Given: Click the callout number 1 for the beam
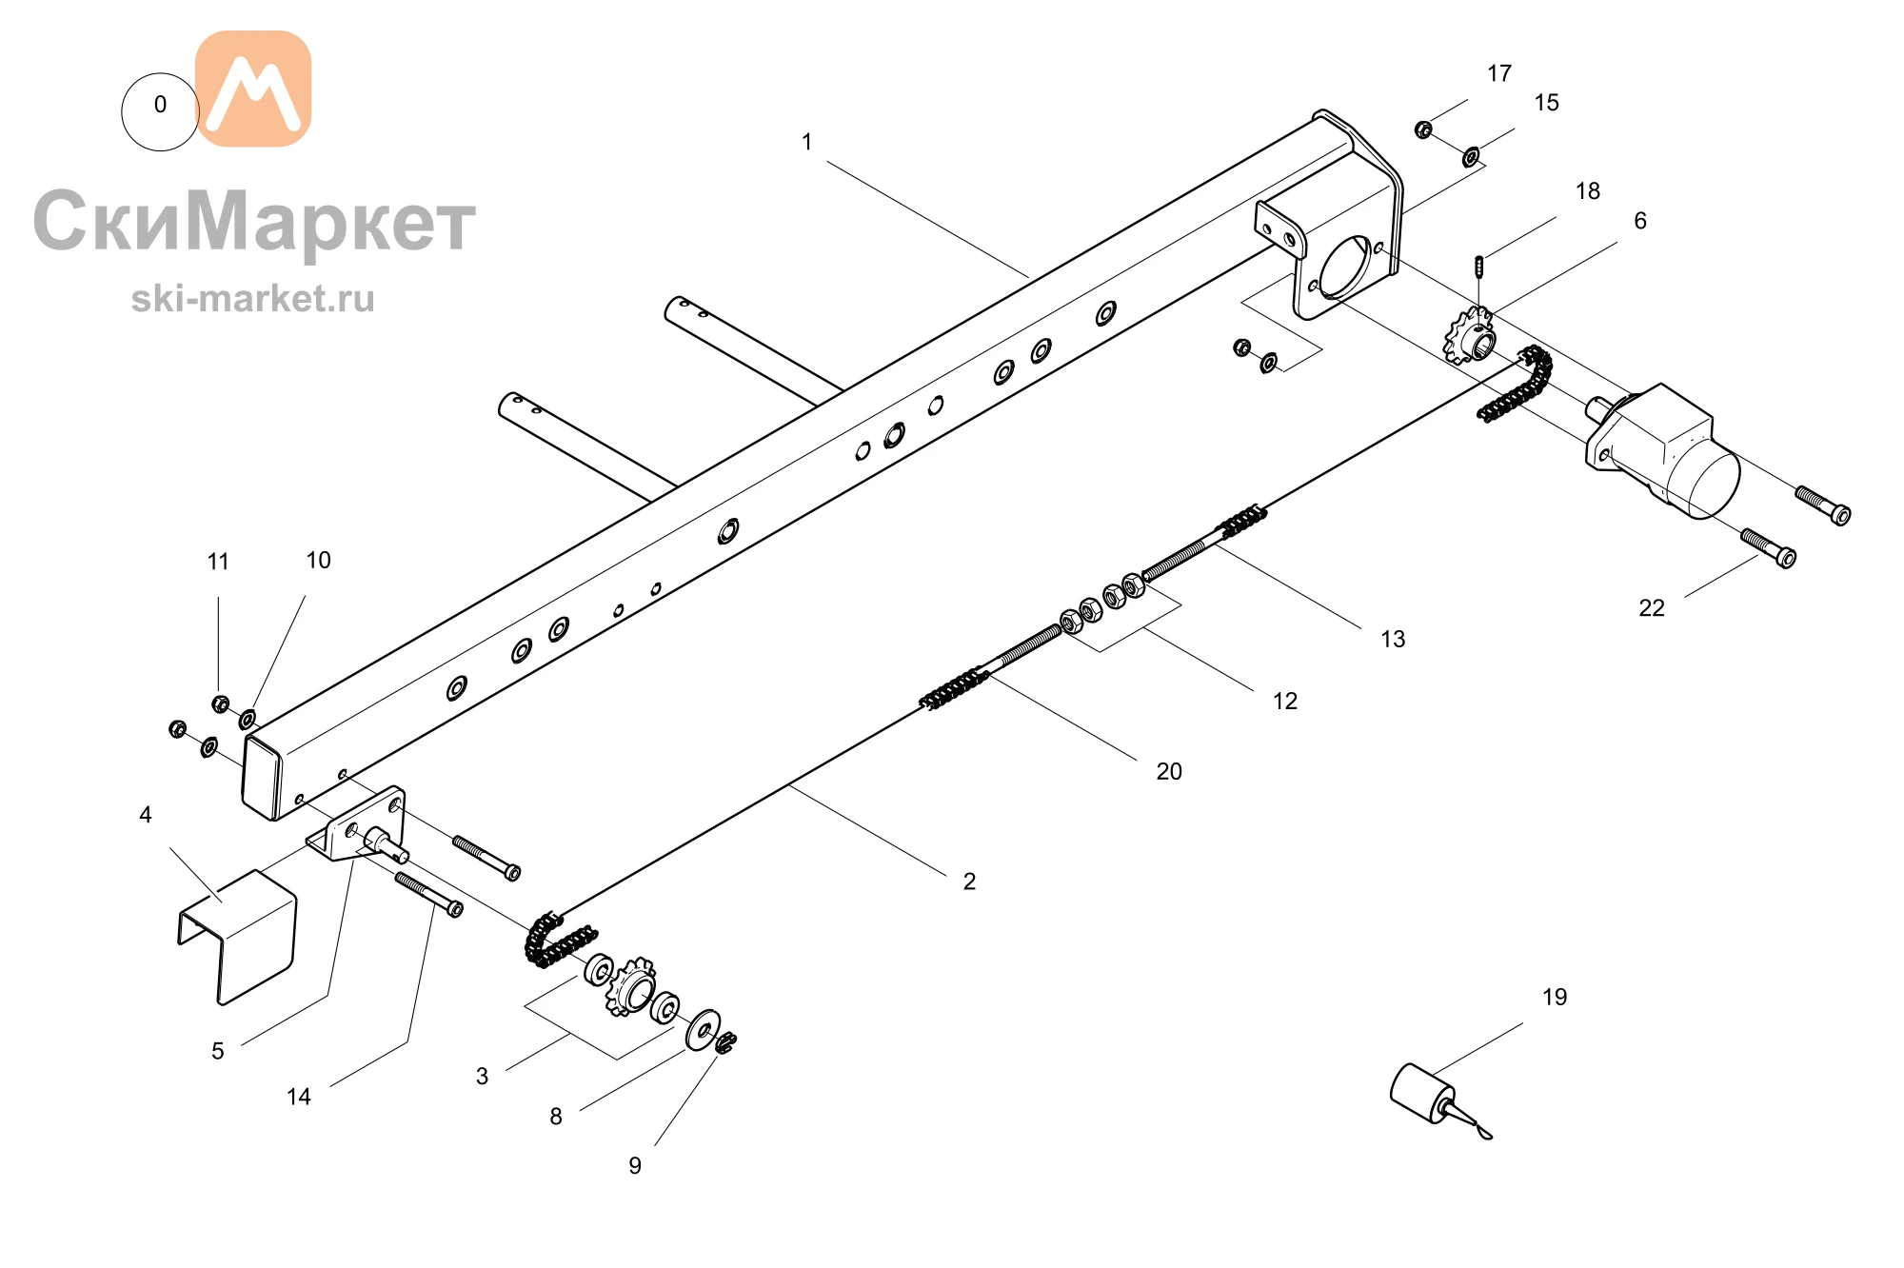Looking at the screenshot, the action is [807, 142].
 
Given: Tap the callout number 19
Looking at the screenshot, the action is [1555, 997].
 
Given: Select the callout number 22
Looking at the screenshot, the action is [1652, 608].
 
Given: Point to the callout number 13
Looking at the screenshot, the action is [1393, 639].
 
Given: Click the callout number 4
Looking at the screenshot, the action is [146, 815].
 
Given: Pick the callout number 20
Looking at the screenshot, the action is [1169, 771].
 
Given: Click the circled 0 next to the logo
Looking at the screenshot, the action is [160, 111].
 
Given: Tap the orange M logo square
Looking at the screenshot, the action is [253, 89].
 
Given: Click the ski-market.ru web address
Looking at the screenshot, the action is [253, 299].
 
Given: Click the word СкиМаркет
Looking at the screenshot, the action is [254, 221].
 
